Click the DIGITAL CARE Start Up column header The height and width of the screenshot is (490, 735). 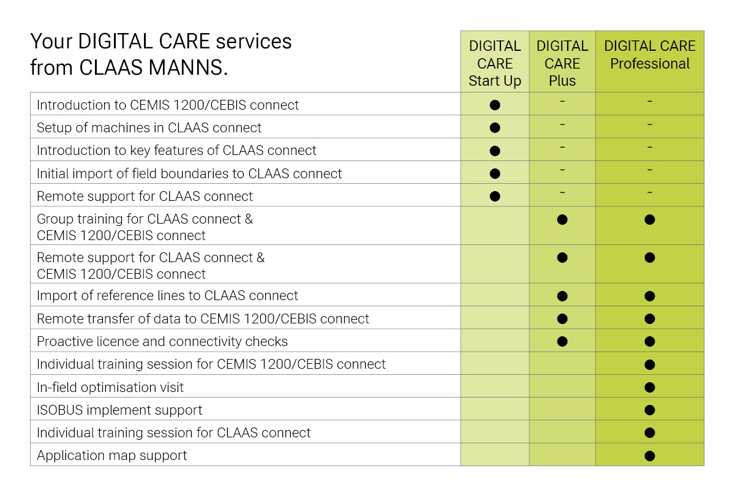pyautogui.click(x=494, y=63)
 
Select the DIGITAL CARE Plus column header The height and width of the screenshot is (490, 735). pyautogui.click(x=562, y=63)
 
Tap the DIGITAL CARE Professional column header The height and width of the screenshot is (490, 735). pyautogui.click(x=650, y=55)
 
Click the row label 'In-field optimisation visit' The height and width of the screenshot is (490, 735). pyautogui.click(x=110, y=387)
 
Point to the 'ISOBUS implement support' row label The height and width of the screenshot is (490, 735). pyautogui.click(x=119, y=410)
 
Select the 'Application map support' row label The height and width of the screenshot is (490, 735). pyautogui.click(x=111, y=456)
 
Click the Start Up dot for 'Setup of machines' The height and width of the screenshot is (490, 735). pyautogui.click(x=495, y=127)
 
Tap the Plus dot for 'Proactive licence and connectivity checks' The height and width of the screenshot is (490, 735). pyautogui.click(x=562, y=342)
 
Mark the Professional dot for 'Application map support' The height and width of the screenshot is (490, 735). pyautogui.click(x=650, y=456)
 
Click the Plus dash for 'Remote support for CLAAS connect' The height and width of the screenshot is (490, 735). pyautogui.click(x=562, y=193)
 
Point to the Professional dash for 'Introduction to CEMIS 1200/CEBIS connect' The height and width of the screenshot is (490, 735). pyautogui.click(x=650, y=102)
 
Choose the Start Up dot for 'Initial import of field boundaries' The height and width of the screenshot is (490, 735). pyautogui.click(x=495, y=173)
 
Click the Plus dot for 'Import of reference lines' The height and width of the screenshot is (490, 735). pyautogui.click(x=562, y=296)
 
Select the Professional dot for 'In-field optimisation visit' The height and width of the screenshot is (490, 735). pyautogui.click(x=650, y=388)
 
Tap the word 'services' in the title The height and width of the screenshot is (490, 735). pyautogui.click(x=254, y=42)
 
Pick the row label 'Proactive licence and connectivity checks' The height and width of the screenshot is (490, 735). pyautogui.click(x=162, y=342)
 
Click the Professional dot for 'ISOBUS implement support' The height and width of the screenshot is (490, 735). pyautogui.click(x=650, y=410)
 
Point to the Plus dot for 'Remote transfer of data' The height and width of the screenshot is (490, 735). pyautogui.click(x=562, y=318)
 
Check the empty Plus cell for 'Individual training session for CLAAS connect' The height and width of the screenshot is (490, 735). pyautogui.click(x=562, y=432)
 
